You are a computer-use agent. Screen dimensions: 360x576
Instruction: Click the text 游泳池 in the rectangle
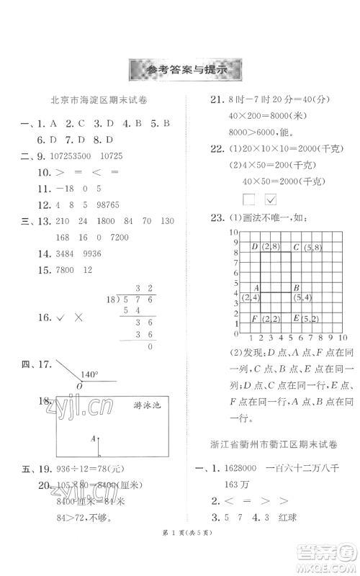click(149, 405)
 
